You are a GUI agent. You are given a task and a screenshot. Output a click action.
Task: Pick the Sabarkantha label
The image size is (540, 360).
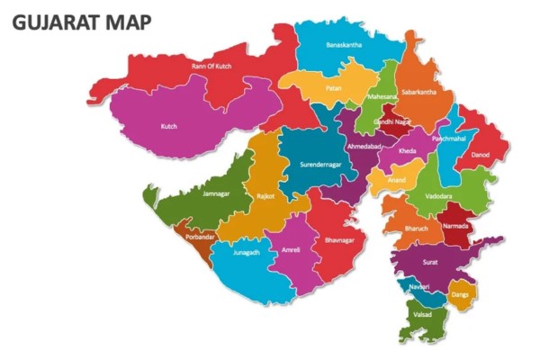tap(418, 92)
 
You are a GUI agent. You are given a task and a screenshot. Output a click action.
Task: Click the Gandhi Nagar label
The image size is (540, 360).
tap(394, 121)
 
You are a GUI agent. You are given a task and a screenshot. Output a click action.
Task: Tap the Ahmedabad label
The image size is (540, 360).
tap(365, 146)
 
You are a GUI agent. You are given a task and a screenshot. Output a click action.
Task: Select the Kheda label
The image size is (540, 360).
tap(407, 151)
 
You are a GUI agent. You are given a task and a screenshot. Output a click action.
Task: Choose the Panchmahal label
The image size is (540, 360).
tap(449, 139)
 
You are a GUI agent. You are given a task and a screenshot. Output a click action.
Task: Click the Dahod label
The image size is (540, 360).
tap(481, 155)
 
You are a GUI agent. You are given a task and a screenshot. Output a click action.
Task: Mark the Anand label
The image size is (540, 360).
tap(396, 180)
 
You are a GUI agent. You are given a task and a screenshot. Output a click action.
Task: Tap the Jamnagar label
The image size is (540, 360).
tap(216, 193)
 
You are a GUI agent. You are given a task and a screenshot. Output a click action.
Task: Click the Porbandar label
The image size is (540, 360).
tap(201, 237)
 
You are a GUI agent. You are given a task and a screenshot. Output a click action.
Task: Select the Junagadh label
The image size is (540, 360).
tap(246, 253)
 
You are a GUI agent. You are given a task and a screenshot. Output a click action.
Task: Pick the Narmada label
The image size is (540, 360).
tap(455, 226)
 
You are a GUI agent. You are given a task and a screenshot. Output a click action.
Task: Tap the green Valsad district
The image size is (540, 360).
tap(422, 316)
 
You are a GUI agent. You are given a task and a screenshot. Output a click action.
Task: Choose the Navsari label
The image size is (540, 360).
tap(417, 286)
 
